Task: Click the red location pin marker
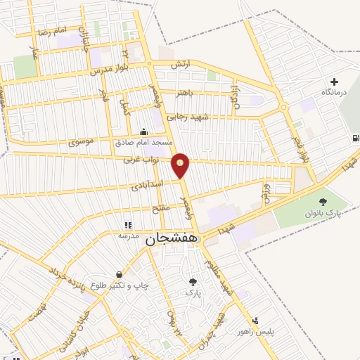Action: pyautogui.click(x=181, y=165)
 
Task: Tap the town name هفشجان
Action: pyautogui.click(x=172, y=239)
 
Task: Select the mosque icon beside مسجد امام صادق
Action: pyautogui.click(x=144, y=131)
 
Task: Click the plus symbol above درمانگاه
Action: pyautogui.click(x=334, y=82)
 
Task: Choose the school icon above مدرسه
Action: pyautogui.click(x=128, y=226)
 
